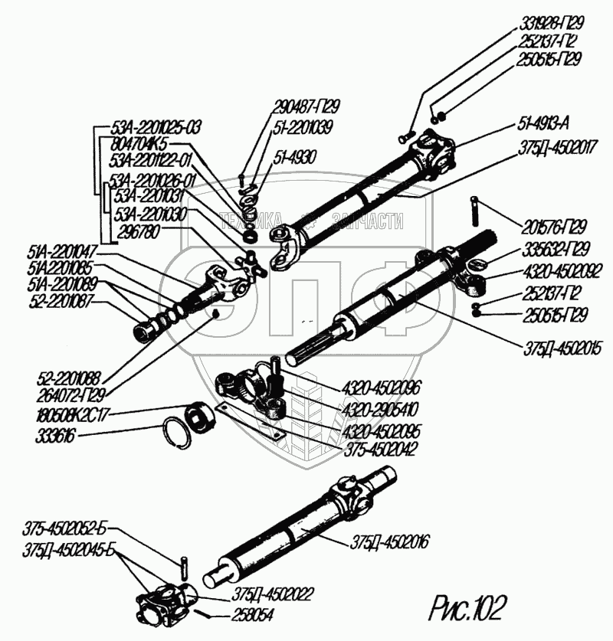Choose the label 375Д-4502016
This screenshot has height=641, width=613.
(x=391, y=541)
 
